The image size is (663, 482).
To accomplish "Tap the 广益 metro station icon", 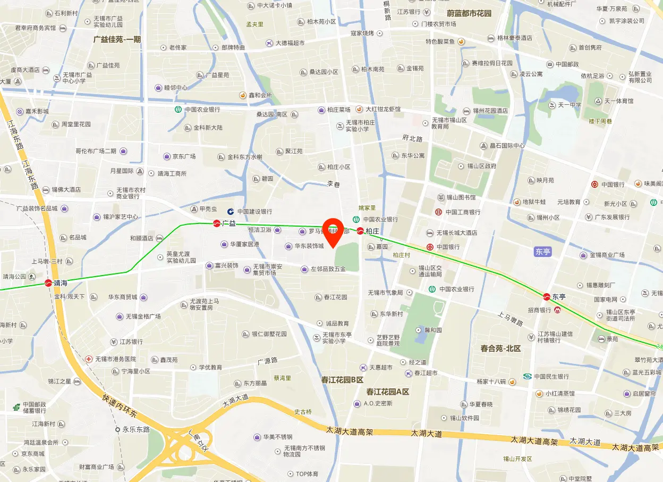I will tap(217, 223).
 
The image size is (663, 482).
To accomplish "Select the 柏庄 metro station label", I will tap(372, 231).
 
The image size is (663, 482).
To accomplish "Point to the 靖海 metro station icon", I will tap(49, 283).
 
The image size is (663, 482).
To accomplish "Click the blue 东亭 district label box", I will tap(543, 252).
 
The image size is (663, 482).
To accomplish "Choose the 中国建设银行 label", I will tap(254, 212).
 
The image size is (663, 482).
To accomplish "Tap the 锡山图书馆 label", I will tap(460, 197).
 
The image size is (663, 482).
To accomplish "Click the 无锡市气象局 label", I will tap(385, 293).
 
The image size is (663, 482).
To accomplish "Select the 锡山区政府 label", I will tap(482, 166).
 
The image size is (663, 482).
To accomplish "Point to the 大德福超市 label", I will tap(290, 43).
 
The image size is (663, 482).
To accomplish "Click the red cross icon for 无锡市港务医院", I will tap(89, 359).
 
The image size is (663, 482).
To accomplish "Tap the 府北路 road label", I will tap(412, 139).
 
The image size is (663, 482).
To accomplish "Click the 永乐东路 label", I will tap(136, 429).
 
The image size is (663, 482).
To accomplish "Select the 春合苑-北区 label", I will tap(500, 348).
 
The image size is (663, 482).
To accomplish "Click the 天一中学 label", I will tap(569, 105).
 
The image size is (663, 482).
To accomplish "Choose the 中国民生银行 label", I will tap(551, 377).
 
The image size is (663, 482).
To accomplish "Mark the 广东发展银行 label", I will tap(612, 217).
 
